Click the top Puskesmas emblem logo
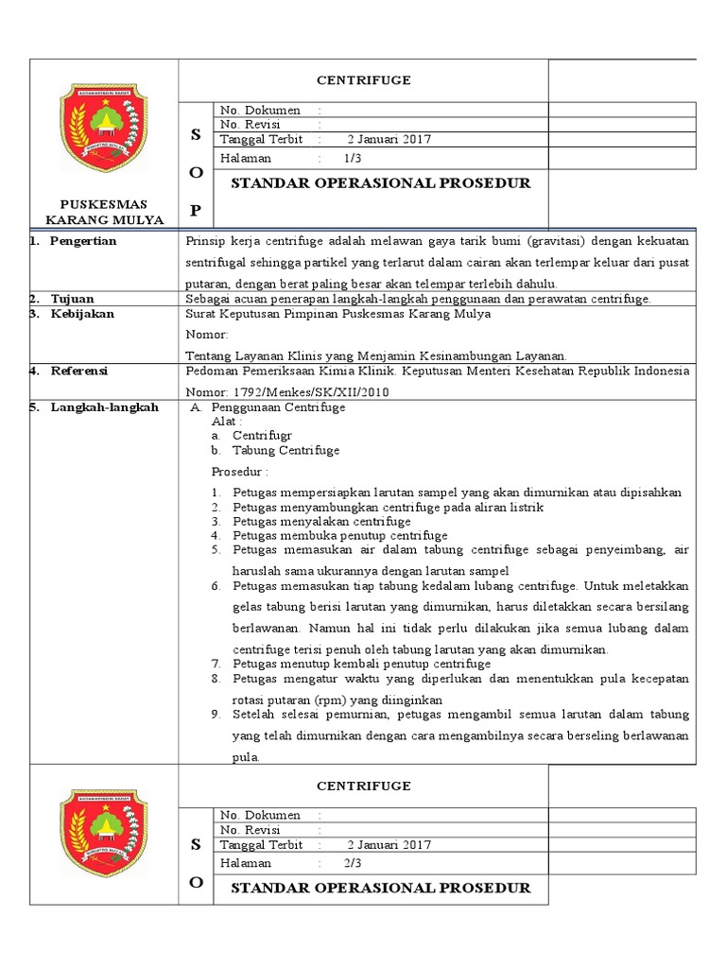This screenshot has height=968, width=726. pyautogui.click(x=104, y=128)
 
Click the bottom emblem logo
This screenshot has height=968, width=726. pyautogui.click(x=104, y=832)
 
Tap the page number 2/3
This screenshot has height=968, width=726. pyautogui.click(x=354, y=863)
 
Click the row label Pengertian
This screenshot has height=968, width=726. pyautogui.click(x=83, y=241)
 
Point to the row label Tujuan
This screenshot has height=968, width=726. pyautogui.click(x=72, y=299)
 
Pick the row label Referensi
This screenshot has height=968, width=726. pyautogui.click(x=80, y=372)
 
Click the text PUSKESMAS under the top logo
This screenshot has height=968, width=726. pyautogui.click(x=104, y=204)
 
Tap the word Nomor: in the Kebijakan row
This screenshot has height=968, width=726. pyautogui.click(x=207, y=334)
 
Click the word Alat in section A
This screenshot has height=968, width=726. pyautogui.click(x=225, y=422)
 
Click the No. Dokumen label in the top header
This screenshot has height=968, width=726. pyautogui.click(x=260, y=111)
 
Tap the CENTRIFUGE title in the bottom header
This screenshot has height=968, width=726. pyautogui.click(x=363, y=786)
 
